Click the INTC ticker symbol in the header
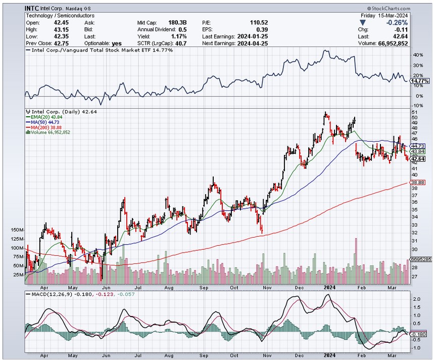tap(33, 9)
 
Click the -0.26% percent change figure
tap(397, 22)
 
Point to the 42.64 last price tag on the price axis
tap(417, 159)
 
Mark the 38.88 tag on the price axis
tap(417, 183)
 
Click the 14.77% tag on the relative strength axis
tap(420, 81)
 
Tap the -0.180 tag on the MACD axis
tap(419, 335)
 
